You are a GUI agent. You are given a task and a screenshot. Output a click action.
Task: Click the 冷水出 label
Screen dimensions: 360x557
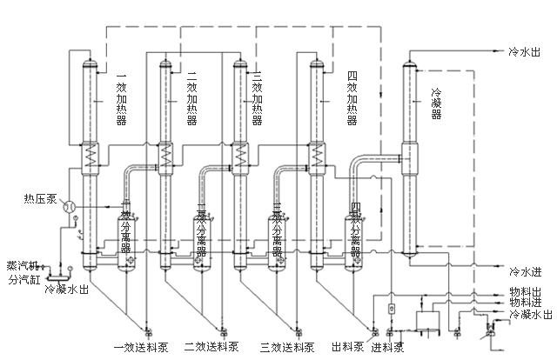(x=527, y=52)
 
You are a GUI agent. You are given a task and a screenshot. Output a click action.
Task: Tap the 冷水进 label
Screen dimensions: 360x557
(x=527, y=270)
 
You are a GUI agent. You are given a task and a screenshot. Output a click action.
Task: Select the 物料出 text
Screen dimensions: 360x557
(x=525, y=292)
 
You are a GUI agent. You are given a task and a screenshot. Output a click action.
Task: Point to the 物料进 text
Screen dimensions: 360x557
(x=525, y=303)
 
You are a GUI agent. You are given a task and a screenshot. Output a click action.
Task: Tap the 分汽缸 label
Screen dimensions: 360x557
(x=23, y=280)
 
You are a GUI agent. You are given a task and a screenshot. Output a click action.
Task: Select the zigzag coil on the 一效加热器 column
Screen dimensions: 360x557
(x=88, y=157)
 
